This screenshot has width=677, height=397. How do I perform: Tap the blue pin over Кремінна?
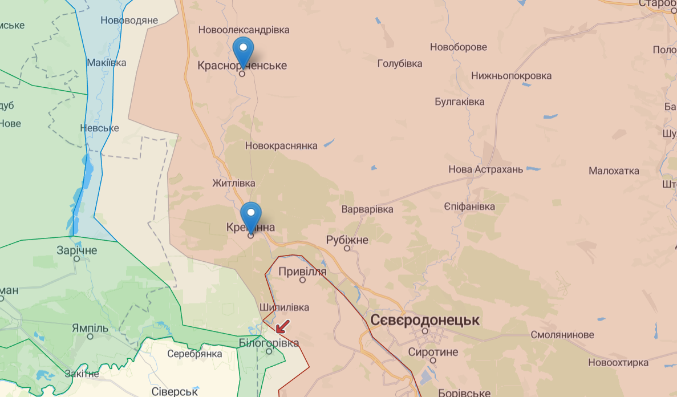pos(250,214)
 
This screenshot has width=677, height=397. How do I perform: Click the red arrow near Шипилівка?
pos(282,326)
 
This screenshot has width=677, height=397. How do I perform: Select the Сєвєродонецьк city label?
pos(425,320)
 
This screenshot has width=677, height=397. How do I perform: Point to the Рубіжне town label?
pos(347,240)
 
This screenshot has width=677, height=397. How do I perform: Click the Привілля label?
pos(302,272)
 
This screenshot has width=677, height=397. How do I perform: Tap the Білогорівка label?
pos(269,343)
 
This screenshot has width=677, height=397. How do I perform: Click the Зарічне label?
pos(77,250)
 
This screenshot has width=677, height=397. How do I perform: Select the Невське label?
pos(100,128)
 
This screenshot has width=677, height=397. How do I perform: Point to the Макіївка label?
pos(107,63)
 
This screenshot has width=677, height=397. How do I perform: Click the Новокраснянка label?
pos(281,145)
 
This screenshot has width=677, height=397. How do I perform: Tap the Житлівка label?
pos(233,183)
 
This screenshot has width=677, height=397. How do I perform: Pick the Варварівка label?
pos(367,209)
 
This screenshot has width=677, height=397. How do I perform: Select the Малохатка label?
pos(614,171)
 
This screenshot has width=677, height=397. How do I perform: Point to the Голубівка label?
pos(400,63)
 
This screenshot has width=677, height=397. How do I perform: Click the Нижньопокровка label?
pos(512,75)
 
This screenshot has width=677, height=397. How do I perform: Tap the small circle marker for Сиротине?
pos(433,360)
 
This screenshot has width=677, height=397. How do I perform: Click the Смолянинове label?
pos(562,335)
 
